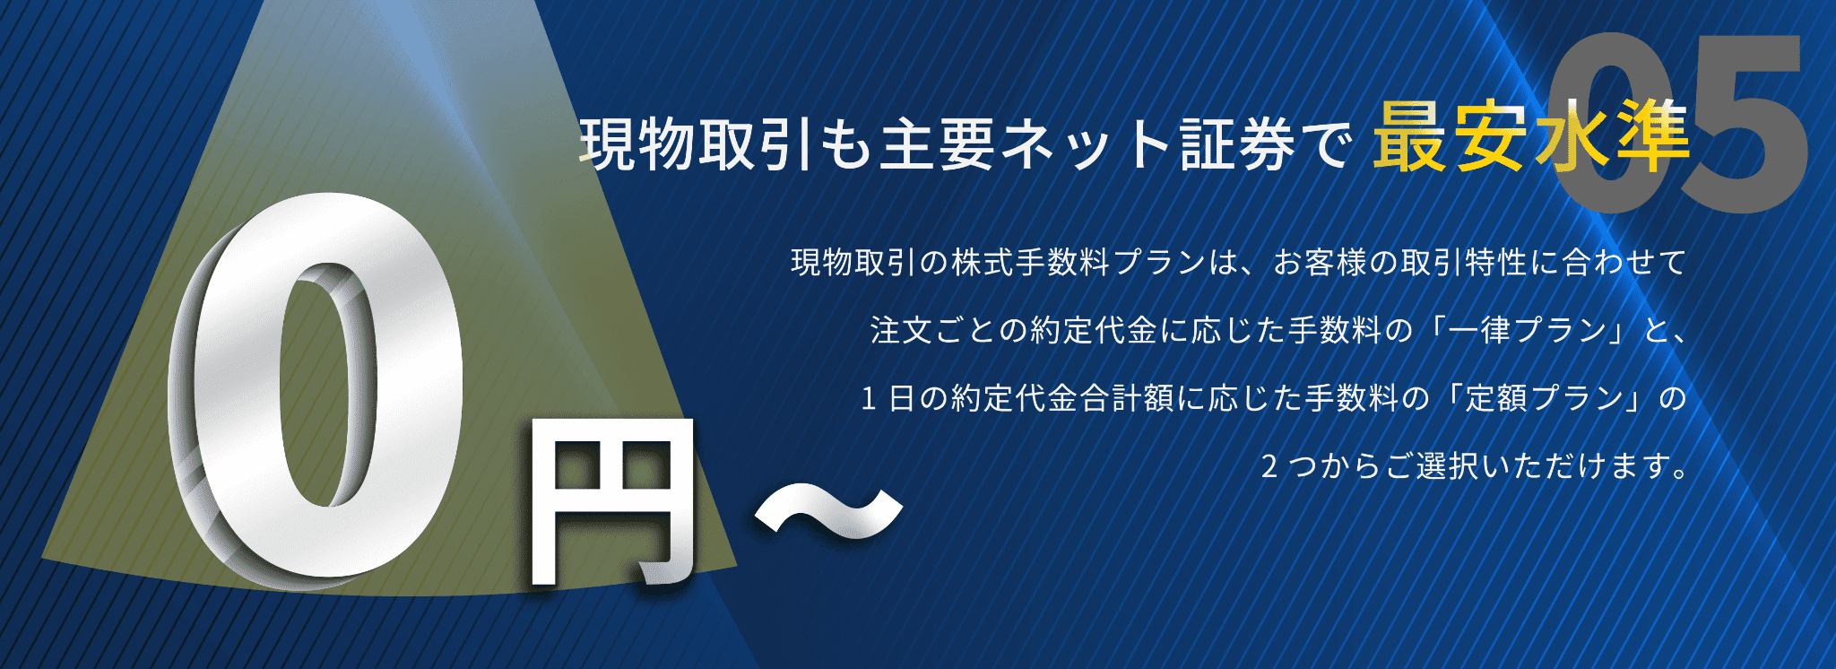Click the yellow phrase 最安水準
pyautogui.click(x=1531, y=137)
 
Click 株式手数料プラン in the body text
pyautogui.click(x=1078, y=262)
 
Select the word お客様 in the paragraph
pyautogui.click(x=1321, y=262)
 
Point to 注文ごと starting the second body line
pyautogui.click(x=933, y=330)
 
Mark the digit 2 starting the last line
pyautogui.click(x=1269, y=465)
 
